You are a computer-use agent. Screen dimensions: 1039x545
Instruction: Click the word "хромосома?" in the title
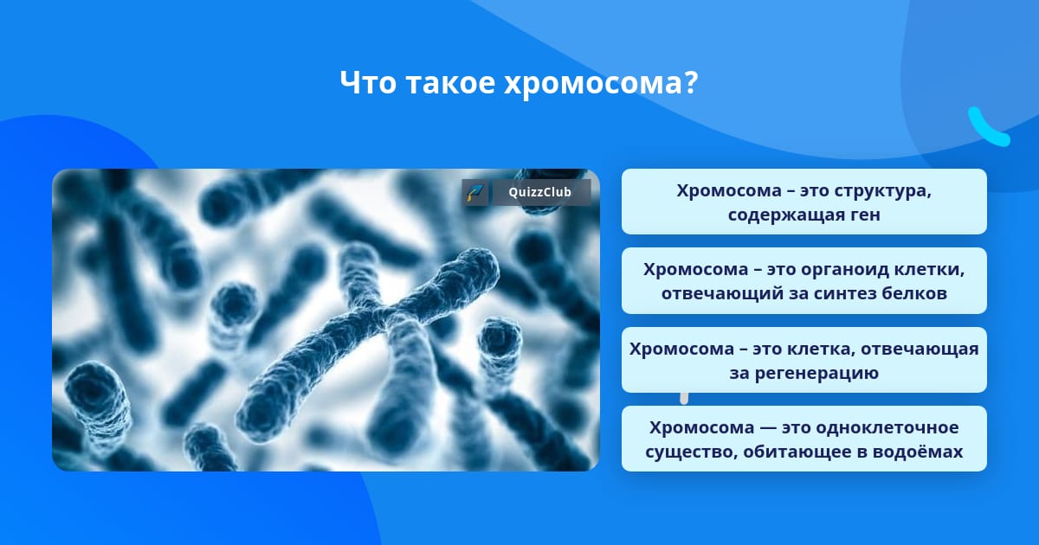click(601, 83)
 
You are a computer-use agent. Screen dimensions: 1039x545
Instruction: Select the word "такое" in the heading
click(450, 83)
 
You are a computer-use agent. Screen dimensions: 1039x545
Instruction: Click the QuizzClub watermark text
click(539, 192)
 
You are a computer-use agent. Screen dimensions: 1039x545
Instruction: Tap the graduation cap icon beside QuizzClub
click(475, 192)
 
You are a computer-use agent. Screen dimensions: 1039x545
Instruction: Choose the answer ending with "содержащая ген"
click(803, 202)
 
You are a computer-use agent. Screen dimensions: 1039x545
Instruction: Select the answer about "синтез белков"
click(803, 281)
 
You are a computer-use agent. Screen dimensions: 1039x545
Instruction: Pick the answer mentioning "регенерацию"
click(803, 360)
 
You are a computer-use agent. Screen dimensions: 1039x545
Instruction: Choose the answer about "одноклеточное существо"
click(803, 439)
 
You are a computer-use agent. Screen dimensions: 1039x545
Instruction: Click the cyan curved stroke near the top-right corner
click(987, 128)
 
